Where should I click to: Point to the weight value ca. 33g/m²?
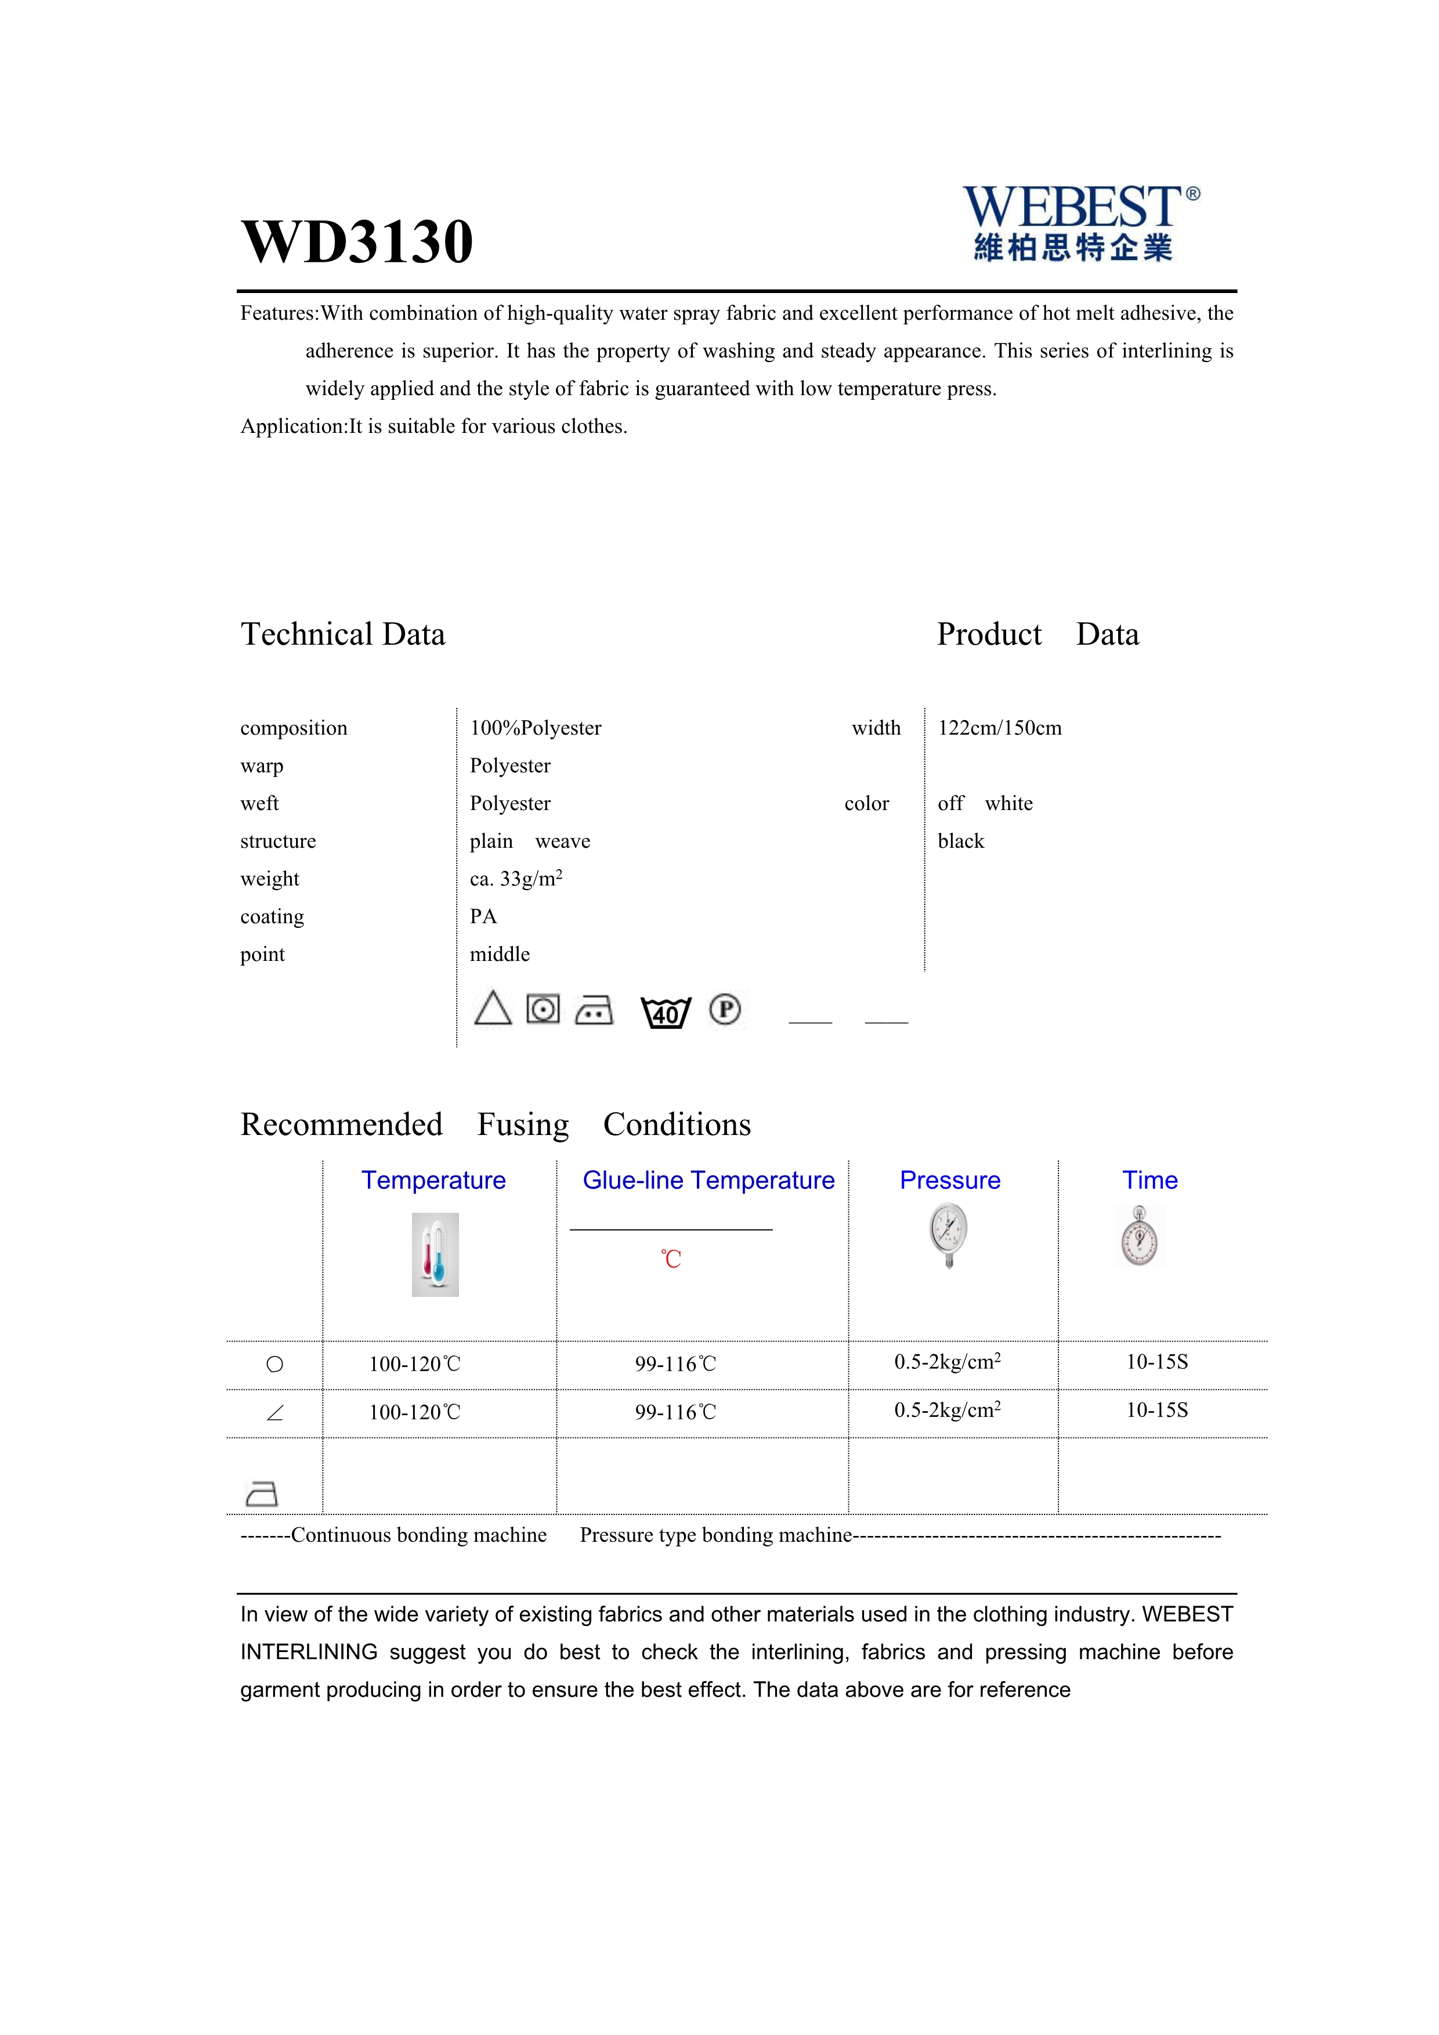[x=516, y=879]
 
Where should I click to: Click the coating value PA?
[x=483, y=916]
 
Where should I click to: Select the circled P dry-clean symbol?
[x=725, y=1010]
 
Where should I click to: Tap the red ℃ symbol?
[x=671, y=1259]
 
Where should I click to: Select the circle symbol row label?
[x=274, y=1364]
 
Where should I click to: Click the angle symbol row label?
[x=274, y=1413]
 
